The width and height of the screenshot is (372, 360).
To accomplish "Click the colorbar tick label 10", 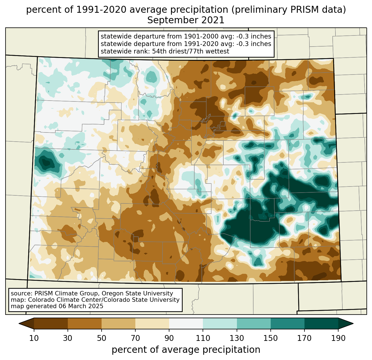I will coord(34,338).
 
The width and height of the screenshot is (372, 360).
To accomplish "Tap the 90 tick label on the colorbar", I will coord(169,338).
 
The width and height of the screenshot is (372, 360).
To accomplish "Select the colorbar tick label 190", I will coord(338,338).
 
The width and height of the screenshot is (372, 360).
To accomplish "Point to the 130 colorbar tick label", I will coord(237,338).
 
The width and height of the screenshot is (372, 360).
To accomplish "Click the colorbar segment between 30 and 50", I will coord(85,323).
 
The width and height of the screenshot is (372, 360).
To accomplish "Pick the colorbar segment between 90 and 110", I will coord(186,323).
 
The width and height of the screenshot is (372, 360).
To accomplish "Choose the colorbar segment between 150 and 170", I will coord(287,323).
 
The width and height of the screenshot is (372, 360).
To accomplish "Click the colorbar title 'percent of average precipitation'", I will coord(186,350).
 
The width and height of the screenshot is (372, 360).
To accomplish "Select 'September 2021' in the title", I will coord(186,20).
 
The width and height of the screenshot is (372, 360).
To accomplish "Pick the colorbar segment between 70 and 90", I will coord(152,323).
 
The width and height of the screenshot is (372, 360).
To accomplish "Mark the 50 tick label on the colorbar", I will coord(102,338).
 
